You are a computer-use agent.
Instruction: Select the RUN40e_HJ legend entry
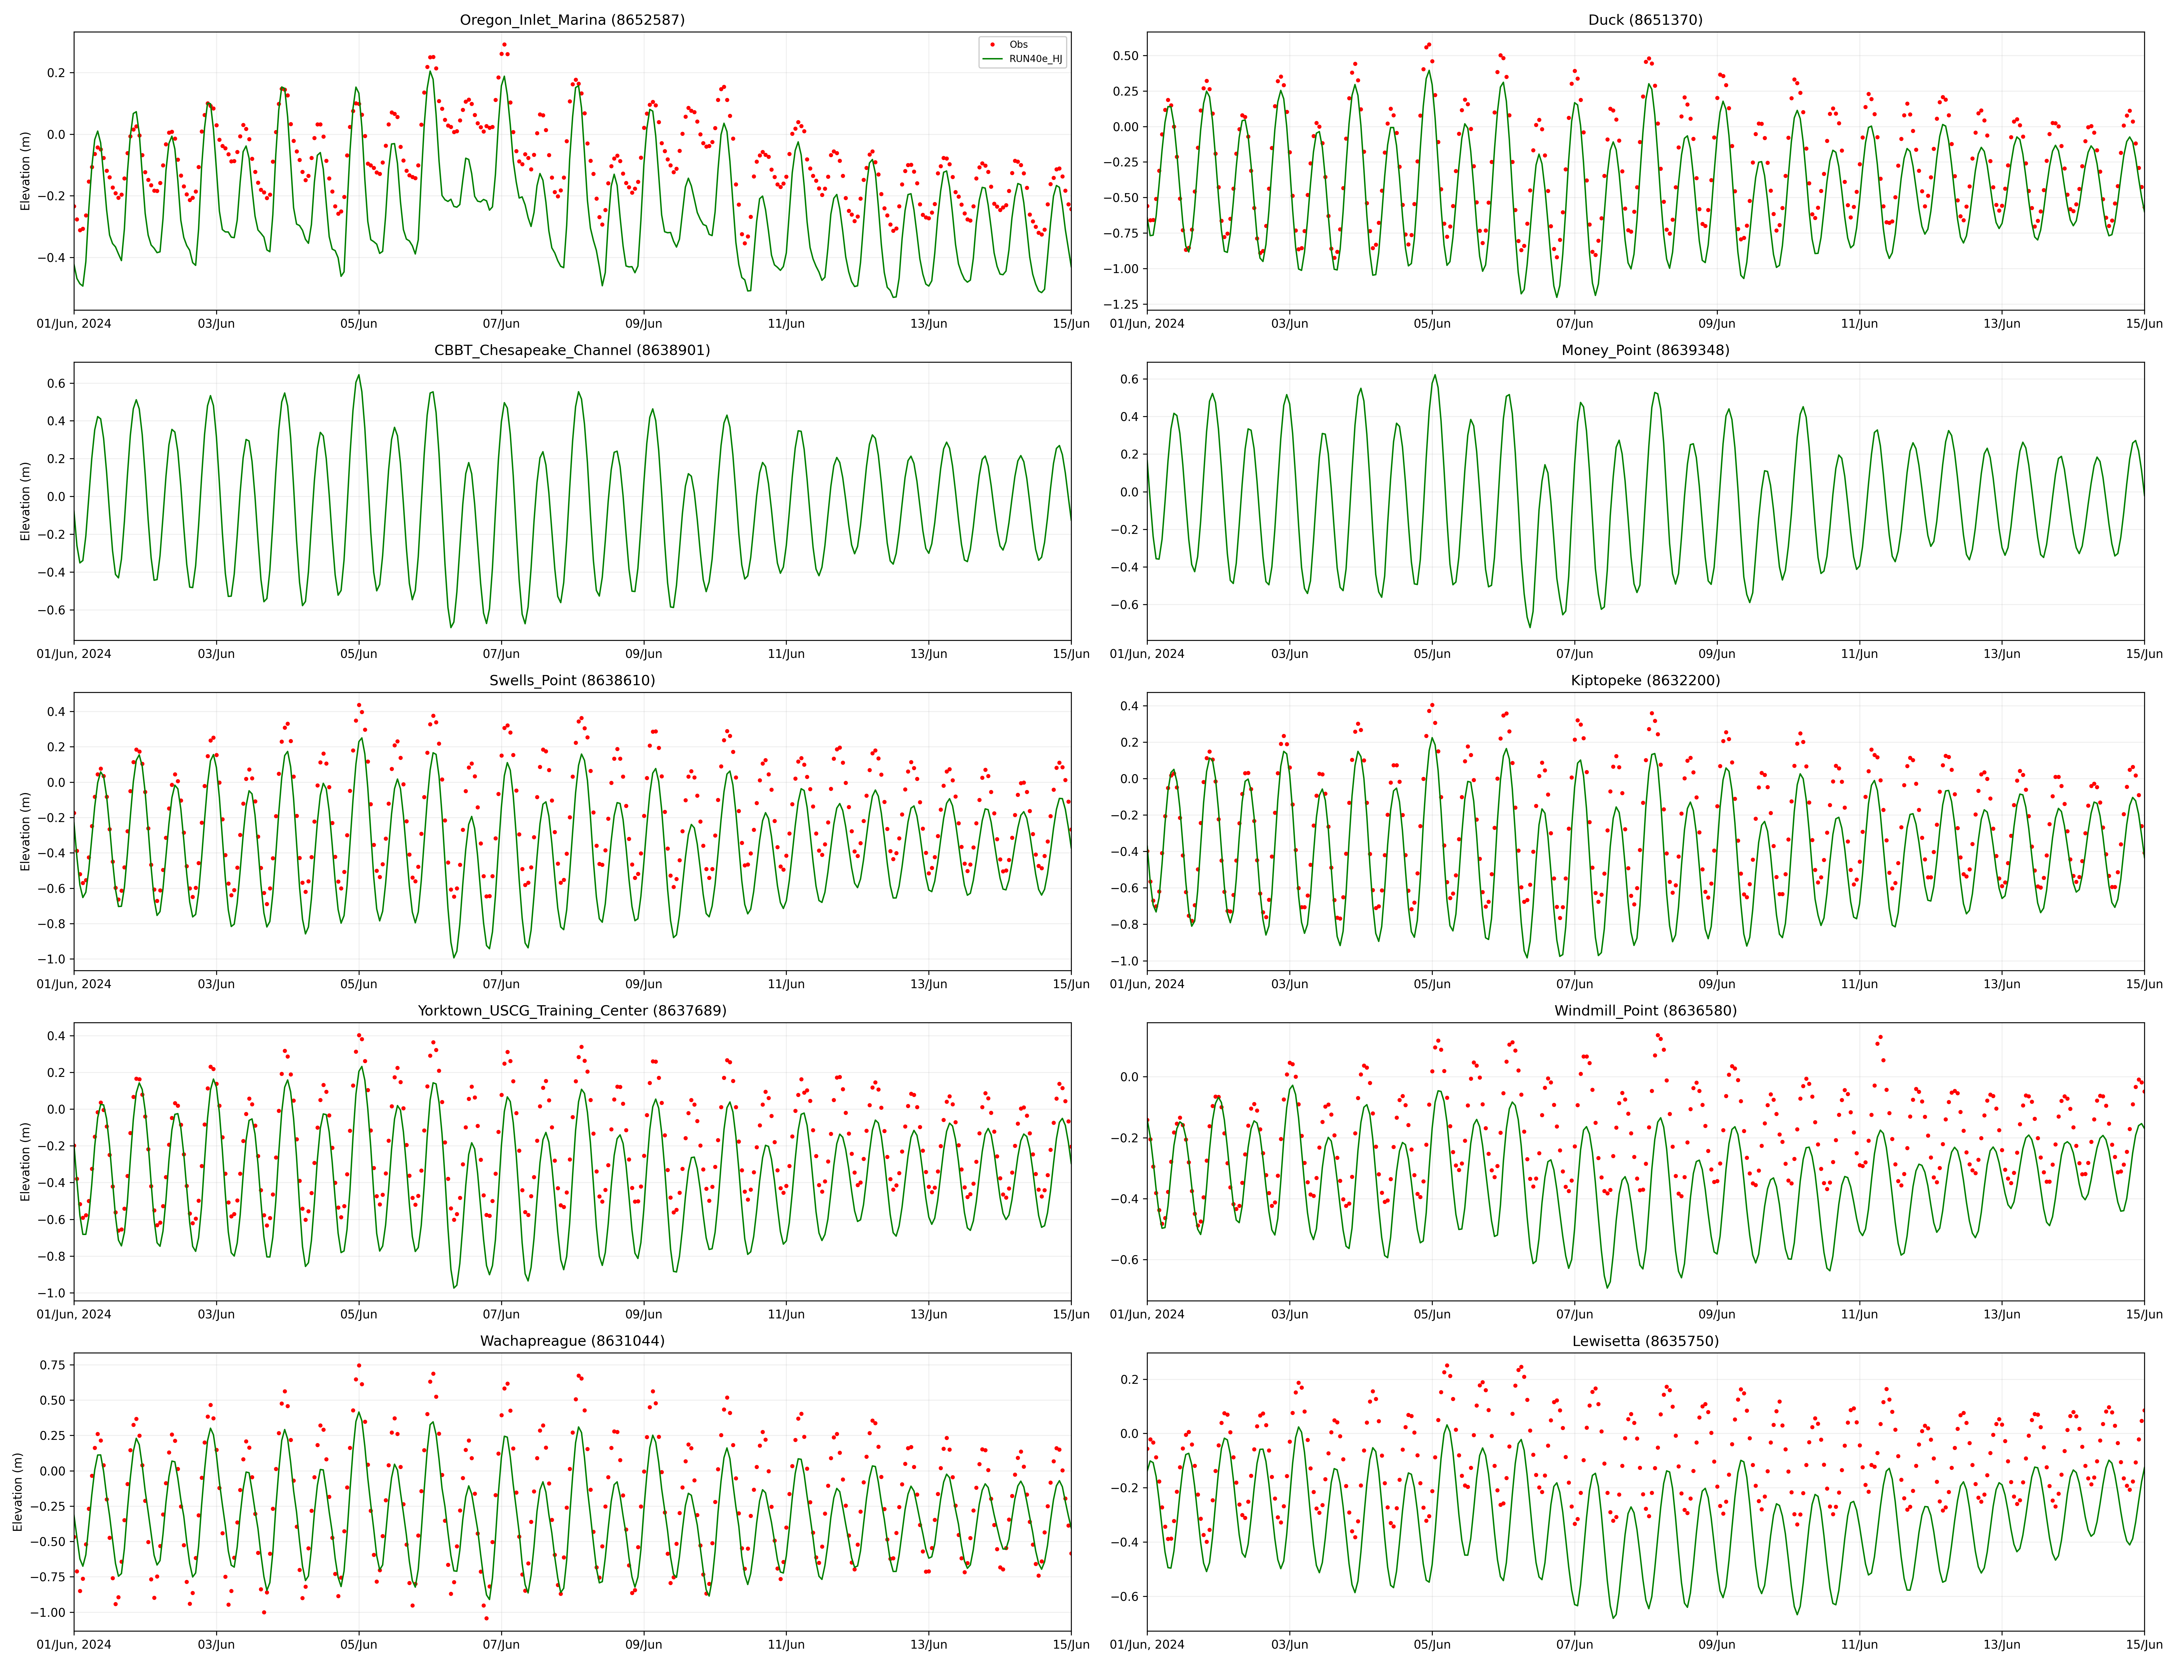click(x=1035, y=59)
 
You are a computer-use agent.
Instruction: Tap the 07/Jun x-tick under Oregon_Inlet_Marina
click(x=501, y=324)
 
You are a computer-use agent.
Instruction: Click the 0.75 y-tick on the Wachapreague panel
click(x=51, y=1365)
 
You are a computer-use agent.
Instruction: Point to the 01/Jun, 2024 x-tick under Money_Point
click(x=1147, y=654)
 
